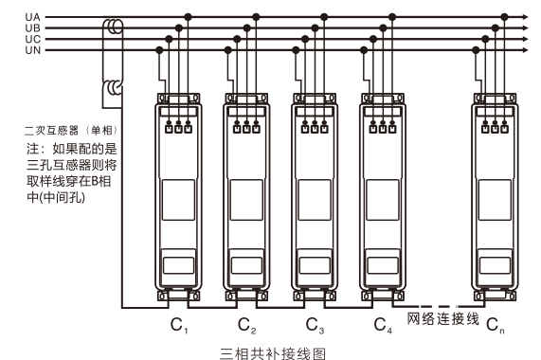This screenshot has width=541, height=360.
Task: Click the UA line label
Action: (33, 17)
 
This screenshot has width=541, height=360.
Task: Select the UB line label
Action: (33, 27)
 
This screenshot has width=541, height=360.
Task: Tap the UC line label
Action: (33, 39)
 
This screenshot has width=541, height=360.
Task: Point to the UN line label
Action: (33, 50)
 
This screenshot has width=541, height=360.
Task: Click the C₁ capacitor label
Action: (179, 325)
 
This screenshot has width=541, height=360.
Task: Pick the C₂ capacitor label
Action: (247, 325)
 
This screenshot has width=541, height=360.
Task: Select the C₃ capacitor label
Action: (315, 325)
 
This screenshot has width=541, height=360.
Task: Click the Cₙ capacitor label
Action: (496, 325)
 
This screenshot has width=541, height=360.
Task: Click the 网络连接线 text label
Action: (443, 319)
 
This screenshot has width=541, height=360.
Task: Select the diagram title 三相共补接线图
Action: (273, 353)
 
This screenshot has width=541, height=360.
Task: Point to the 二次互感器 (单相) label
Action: (71, 131)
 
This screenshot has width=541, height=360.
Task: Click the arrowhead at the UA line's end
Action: (525, 17)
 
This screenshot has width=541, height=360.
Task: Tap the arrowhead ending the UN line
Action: (525, 50)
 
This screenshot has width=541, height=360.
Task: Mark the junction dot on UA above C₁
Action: (188, 17)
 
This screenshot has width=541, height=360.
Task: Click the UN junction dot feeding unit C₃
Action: (296, 50)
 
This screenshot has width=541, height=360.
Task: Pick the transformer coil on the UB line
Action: (115, 27)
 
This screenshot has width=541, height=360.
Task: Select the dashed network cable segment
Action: (438, 306)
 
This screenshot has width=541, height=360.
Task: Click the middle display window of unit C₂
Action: (246, 200)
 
